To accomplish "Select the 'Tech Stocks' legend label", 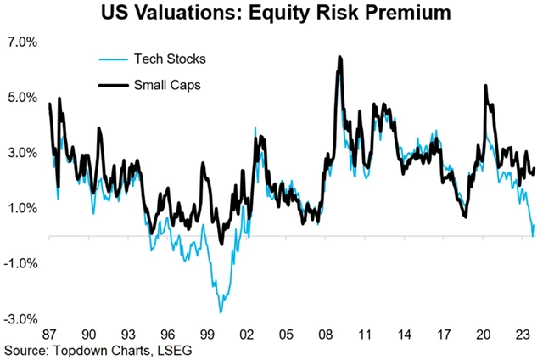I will (170, 59).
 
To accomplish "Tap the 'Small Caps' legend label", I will (167, 84).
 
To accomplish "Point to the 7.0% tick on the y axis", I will (23, 42).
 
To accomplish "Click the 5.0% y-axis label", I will (23, 97).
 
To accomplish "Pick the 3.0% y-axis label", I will (23, 153).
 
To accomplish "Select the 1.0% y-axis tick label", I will (23, 208).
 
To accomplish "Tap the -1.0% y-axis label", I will (21, 263).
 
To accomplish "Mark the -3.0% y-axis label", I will (21, 319).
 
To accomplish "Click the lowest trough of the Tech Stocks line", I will (220, 312).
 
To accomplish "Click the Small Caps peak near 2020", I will (485, 86).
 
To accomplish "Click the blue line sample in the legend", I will (111, 59).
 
